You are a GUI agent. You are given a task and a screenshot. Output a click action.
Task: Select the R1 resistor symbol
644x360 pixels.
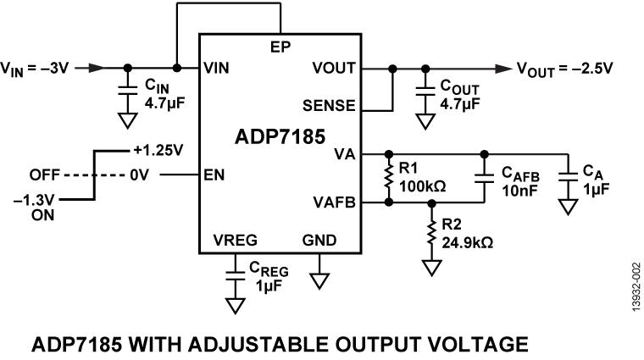388,179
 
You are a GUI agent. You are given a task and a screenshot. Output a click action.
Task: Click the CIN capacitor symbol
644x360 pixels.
127,87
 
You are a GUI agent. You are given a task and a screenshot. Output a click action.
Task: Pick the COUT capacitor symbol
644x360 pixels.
423,87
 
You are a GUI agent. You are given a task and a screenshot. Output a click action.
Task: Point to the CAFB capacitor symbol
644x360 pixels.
484,179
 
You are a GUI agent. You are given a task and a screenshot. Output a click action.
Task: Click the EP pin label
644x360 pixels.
281,45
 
